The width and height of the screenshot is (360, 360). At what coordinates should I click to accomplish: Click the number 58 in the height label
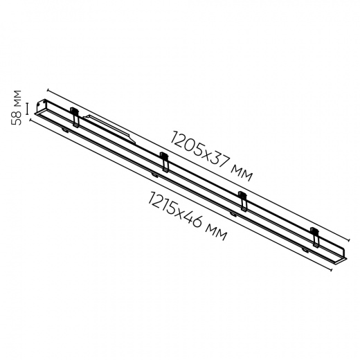pos(16,118)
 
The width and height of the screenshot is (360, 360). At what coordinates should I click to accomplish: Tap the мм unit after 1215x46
pos(216,233)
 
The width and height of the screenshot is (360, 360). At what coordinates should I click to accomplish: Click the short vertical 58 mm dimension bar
pos(28,109)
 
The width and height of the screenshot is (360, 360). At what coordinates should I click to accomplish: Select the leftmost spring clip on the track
pos(75,117)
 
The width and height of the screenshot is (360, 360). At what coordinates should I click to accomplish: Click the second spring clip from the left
pos(165,162)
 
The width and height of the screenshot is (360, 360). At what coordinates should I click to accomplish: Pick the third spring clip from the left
pos(243,201)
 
